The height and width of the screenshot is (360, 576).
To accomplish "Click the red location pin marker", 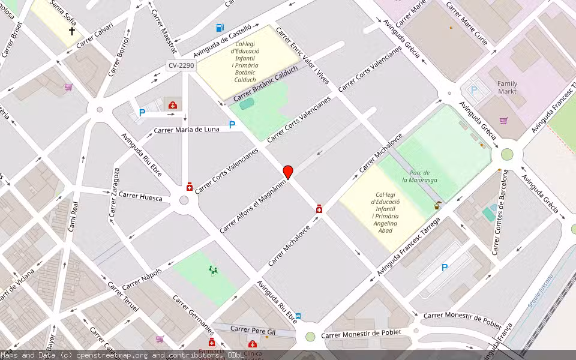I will (288, 172).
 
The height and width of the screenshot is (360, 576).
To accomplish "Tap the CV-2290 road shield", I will (181, 65).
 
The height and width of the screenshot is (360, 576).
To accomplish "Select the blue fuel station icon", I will (220, 27).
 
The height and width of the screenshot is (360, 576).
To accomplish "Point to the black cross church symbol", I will (72, 31).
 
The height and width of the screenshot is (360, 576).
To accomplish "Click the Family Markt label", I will (507, 88).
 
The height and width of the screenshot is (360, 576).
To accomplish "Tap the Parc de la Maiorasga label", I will (419, 176).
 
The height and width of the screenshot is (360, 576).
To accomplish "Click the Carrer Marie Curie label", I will (467, 23).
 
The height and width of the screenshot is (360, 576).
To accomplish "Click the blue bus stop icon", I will (298, 316).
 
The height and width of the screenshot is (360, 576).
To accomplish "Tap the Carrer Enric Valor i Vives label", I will (302, 55).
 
